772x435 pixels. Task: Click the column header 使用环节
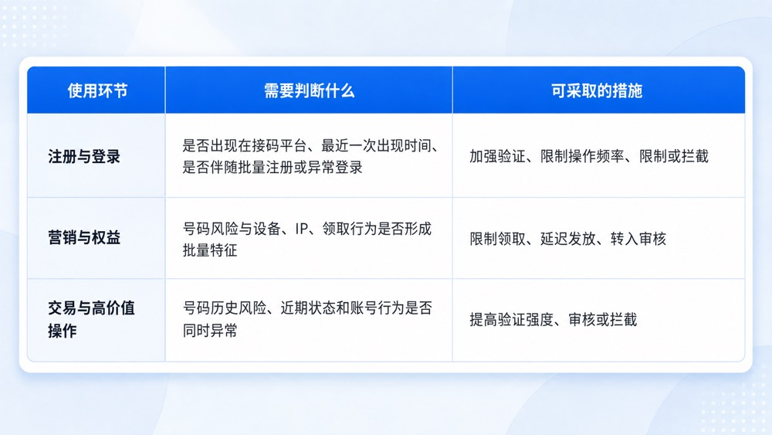[x=97, y=90]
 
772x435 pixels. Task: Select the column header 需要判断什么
[x=310, y=90]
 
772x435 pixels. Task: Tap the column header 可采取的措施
[x=597, y=90]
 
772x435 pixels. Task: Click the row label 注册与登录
[x=84, y=157]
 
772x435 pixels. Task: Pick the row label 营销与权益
[x=84, y=237]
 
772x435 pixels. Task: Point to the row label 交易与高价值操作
[x=91, y=319]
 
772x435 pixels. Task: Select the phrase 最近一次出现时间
[x=377, y=146]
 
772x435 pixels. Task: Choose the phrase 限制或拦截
[x=674, y=157]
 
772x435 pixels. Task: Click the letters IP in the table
[x=302, y=229]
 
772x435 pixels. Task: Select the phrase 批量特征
[x=210, y=250]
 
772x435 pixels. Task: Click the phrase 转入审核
[x=638, y=239]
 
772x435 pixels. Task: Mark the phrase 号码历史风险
[x=225, y=308]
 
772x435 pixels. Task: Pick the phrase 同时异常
[x=210, y=330]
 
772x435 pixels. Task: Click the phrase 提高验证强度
[x=512, y=320]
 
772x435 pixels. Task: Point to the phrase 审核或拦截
[x=603, y=320]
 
